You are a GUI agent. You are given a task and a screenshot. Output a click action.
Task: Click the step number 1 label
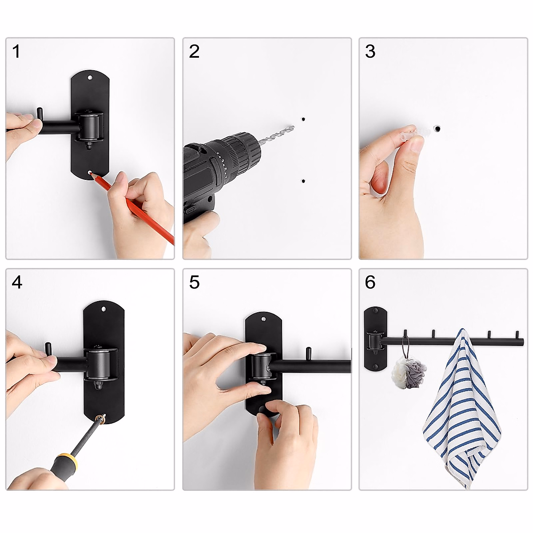[16, 52]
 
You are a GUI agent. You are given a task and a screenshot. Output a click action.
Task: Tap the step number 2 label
[194, 52]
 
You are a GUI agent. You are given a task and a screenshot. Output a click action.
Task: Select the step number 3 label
[370, 52]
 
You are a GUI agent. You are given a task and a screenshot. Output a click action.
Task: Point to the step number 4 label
[17, 282]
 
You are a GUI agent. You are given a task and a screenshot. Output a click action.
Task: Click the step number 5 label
[194, 282]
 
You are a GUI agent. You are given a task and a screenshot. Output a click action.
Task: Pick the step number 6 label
[370, 282]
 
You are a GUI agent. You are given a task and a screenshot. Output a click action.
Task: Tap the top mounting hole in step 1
[91, 78]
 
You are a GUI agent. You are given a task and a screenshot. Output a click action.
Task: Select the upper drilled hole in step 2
[303, 119]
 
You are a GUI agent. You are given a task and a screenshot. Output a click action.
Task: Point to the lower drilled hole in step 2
[303, 181]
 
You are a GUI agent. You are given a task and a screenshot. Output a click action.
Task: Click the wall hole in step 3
[437, 129]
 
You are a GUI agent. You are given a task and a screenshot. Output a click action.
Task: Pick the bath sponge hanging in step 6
[408, 371]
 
